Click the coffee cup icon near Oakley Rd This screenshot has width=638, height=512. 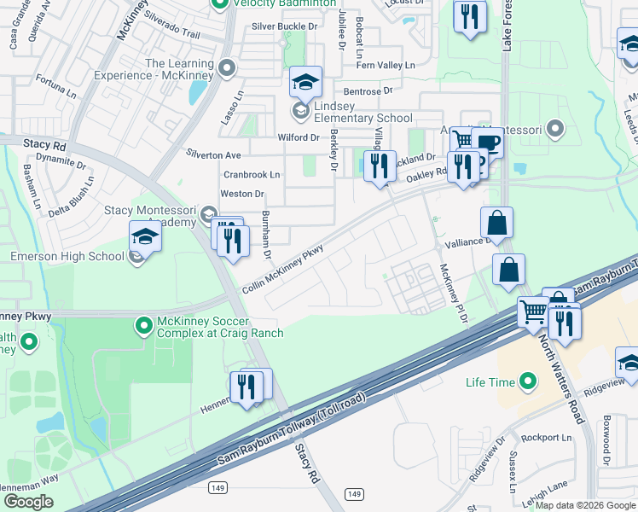[490, 143]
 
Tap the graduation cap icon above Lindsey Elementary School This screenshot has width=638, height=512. [305, 83]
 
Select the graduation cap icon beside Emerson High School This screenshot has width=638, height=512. [145, 237]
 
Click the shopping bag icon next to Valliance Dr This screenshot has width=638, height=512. [496, 224]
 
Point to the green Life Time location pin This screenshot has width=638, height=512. [528, 381]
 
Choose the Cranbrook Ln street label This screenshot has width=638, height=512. [252, 175]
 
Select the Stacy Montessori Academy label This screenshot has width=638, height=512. [150, 216]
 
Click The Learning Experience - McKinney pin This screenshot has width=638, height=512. [226, 67]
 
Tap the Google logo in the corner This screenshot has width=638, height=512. [29, 502]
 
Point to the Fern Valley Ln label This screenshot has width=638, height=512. [386, 65]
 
